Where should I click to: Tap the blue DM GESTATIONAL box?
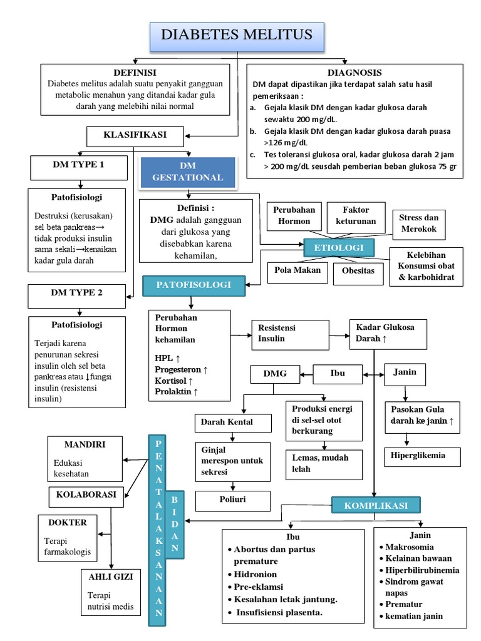pyautogui.click(x=188, y=172)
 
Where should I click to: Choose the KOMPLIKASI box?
pyautogui.click(x=376, y=505)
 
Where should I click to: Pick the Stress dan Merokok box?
pyautogui.click(x=418, y=223)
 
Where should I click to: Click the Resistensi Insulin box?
pyautogui.click(x=290, y=334)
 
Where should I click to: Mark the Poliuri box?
pyautogui.click(x=233, y=501)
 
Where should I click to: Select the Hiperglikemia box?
pyautogui.click(x=422, y=456)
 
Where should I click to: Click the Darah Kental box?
pyautogui.click(x=233, y=423)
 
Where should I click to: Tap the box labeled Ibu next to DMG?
pyautogui.click(x=338, y=374)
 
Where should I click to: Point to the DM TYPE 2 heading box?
pyautogui.click(x=77, y=292)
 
